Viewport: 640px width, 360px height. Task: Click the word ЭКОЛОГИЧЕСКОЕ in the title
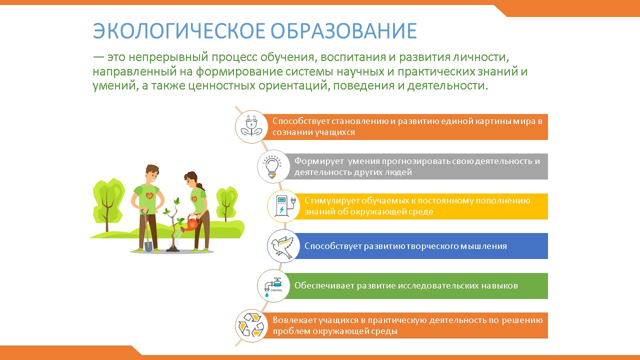[179, 30]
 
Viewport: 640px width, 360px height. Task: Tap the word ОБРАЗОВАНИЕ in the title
[343, 30]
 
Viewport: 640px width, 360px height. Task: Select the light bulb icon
[272, 166]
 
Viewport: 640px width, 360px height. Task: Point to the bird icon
[282, 246]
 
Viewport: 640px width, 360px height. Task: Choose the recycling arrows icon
[251, 325]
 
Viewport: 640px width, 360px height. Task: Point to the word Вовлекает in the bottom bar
[294, 320]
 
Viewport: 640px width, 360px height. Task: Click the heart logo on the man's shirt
[149, 195]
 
